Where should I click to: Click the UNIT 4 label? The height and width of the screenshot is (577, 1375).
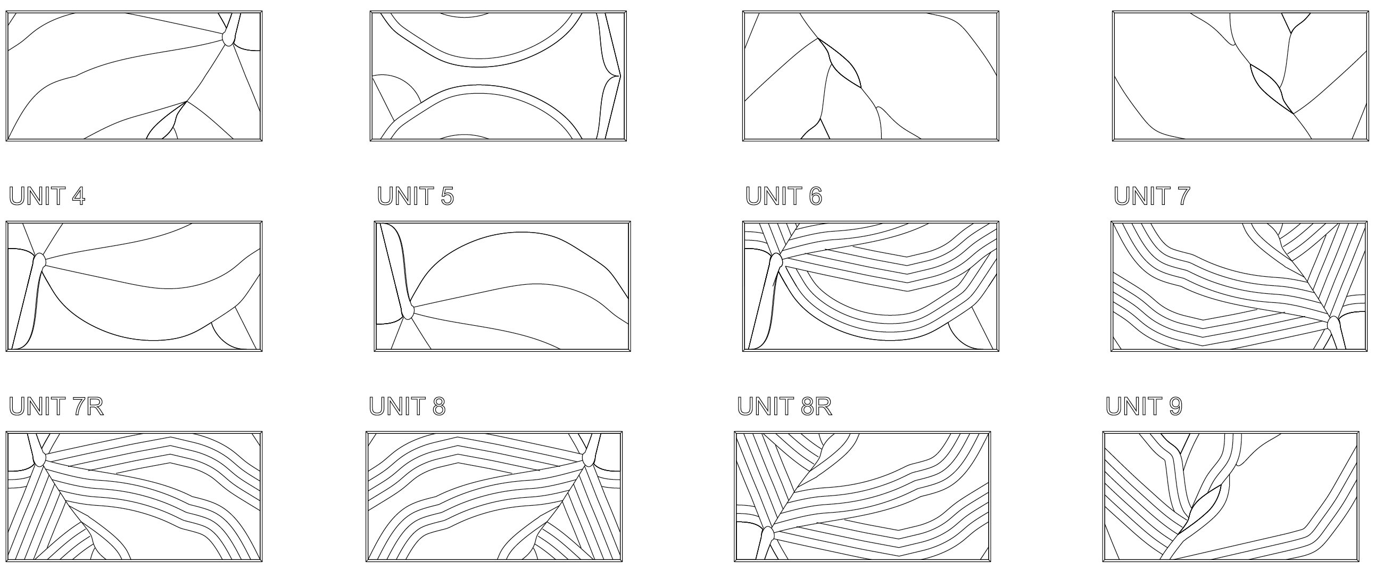point(47,196)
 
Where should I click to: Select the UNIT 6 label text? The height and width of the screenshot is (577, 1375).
point(784,196)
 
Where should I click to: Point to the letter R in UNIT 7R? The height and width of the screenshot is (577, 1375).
point(95,406)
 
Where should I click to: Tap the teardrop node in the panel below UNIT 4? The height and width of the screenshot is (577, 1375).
point(39,261)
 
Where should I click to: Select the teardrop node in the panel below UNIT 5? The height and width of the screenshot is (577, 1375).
point(408,311)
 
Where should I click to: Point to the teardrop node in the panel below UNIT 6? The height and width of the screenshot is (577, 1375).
point(776,261)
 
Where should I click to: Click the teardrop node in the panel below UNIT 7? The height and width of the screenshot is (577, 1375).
point(1333,324)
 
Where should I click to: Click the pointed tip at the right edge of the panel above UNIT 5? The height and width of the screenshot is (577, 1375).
point(619,76)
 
